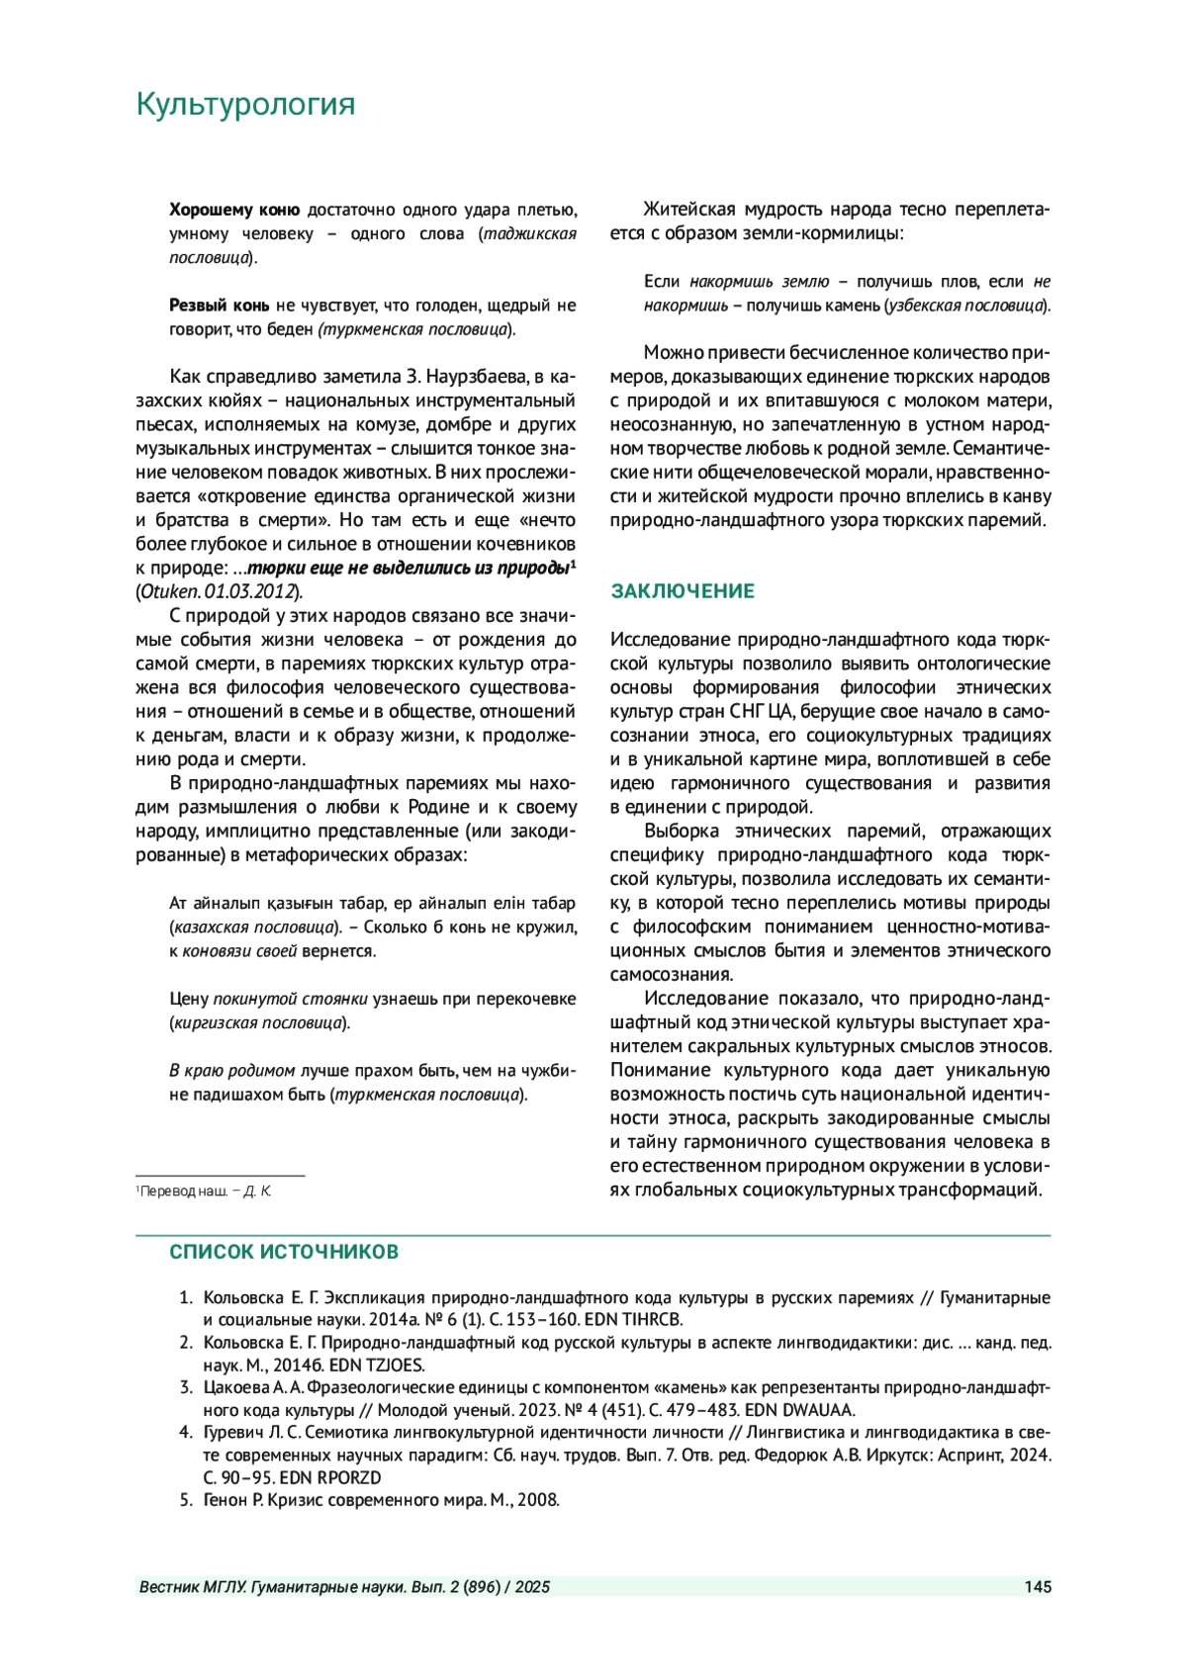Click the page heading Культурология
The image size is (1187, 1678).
click(x=244, y=104)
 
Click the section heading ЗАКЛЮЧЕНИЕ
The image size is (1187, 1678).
click(x=682, y=591)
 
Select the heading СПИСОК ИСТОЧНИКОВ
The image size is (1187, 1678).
click(x=284, y=1252)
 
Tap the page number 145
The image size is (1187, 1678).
click(x=1038, y=1587)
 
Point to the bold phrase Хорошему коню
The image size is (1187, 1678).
click(x=233, y=210)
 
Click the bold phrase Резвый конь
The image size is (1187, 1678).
click(x=219, y=306)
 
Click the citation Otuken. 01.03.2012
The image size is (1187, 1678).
click(x=220, y=591)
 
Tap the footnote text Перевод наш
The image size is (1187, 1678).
click(x=184, y=1192)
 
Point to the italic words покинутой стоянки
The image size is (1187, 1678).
click(x=291, y=999)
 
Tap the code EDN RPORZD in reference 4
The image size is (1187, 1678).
click(x=330, y=1477)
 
